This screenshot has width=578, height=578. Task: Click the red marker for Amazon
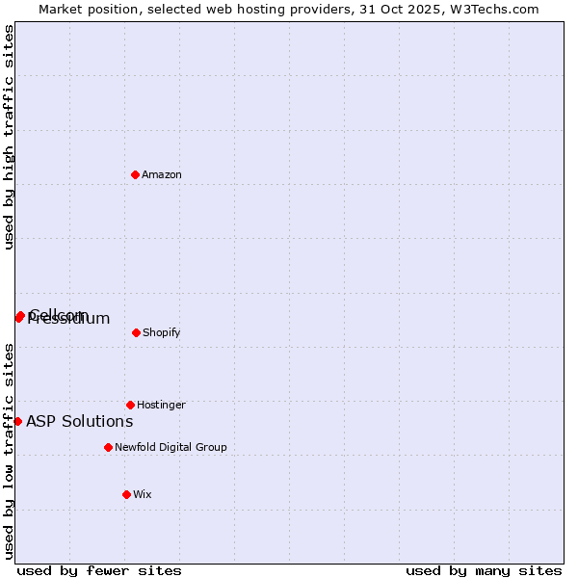point(136,174)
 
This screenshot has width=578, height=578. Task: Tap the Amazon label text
point(162,175)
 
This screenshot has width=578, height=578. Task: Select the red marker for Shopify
point(136,332)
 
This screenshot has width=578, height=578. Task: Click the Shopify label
point(162,333)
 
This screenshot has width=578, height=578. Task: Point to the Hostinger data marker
point(130,405)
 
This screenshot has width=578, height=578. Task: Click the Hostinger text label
point(161,406)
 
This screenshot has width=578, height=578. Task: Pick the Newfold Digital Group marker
point(108,447)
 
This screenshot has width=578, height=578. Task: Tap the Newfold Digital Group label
point(171,448)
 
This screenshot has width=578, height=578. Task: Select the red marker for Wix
point(126,494)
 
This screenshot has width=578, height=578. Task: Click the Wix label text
point(143,495)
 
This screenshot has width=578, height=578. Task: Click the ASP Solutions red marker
point(17,421)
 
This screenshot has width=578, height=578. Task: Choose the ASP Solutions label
point(80,422)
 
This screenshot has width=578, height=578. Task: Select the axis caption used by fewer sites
point(99,570)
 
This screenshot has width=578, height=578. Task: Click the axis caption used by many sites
point(484,570)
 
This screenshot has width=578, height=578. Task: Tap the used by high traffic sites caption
point(10,137)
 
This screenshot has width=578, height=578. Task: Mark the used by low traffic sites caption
point(10,450)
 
